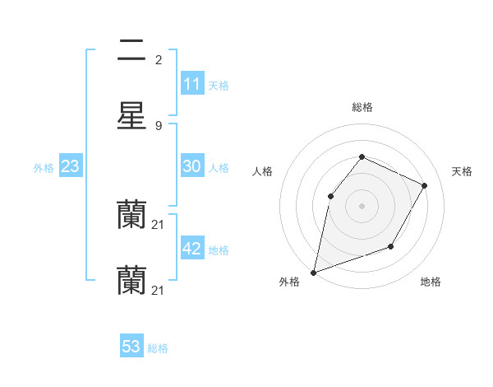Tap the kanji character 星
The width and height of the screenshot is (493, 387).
coord(131,115)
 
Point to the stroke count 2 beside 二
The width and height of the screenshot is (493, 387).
coord(159,60)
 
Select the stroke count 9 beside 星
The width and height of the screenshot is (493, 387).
coord(159,125)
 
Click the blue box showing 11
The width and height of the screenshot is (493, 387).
coord(191,84)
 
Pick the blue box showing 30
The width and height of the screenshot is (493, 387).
coord(191,166)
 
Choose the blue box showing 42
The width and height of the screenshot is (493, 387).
coord(191,249)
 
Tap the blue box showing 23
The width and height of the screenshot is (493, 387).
coord(70,166)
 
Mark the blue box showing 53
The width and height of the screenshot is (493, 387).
coord(131,347)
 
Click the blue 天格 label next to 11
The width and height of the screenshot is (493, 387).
coord(219,85)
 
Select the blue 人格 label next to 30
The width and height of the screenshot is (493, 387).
coord(219,167)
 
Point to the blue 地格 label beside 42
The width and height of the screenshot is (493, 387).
coord(219,249)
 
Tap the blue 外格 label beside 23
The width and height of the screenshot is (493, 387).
coord(44,167)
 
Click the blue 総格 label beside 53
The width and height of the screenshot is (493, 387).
coord(159,348)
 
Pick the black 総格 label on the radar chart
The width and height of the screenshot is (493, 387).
coord(362,107)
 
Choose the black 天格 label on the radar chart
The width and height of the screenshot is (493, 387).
coord(462,171)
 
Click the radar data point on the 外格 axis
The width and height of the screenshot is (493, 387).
coord(313,272)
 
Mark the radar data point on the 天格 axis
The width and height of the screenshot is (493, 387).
coord(424,185)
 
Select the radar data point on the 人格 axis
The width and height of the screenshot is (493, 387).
coord(330,196)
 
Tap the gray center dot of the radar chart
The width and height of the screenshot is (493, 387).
coord(362,206)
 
